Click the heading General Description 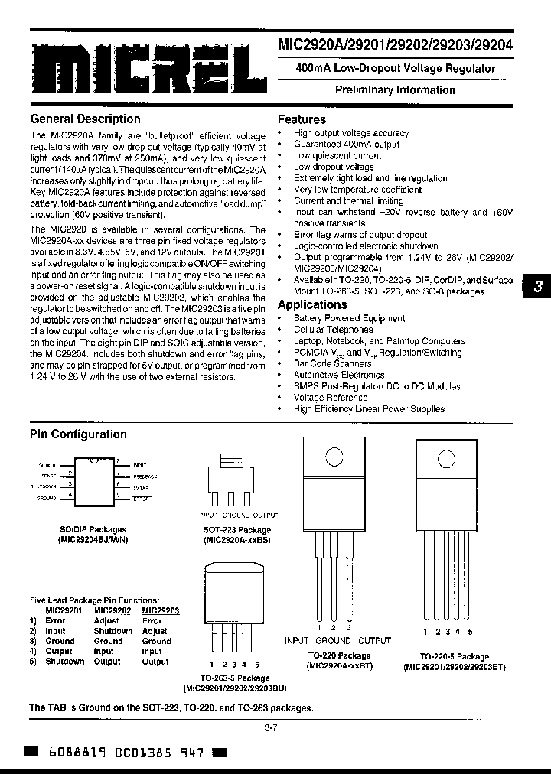coord(85,119)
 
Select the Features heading coord(302,119)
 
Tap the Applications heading coord(312,304)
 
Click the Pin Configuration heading coord(78,434)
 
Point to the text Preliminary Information coord(395,90)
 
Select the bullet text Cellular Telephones coord(333,330)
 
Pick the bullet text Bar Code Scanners coord(333,364)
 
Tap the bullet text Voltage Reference coord(331,398)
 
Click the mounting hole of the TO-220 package coord(333,457)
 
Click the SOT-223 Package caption coord(236,530)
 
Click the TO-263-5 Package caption coord(235,678)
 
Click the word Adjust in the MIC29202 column coord(106,621)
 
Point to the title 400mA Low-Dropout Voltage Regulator coord(395,68)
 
